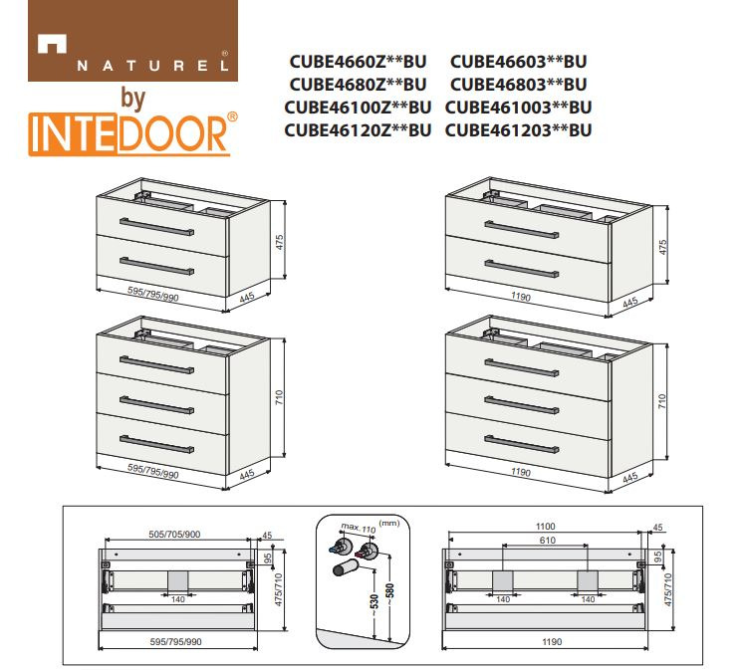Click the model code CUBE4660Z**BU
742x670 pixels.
click(358, 62)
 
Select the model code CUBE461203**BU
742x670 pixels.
click(518, 130)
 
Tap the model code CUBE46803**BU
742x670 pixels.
click(518, 85)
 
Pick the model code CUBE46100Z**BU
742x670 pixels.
click(358, 108)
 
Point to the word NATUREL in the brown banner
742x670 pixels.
click(152, 66)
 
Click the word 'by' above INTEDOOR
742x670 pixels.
click(133, 98)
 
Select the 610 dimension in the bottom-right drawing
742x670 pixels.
click(547, 540)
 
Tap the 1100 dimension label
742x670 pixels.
click(545, 527)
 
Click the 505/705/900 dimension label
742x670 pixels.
click(174, 535)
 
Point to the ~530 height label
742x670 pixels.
click(374, 605)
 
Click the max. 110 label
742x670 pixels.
click(359, 528)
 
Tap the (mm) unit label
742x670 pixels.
click(389, 523)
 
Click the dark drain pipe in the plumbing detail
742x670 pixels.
click(346, 566)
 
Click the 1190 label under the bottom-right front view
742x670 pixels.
click(552, 642)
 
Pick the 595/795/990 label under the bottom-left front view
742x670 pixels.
click(175, 642)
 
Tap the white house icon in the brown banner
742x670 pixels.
click(52, 44)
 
